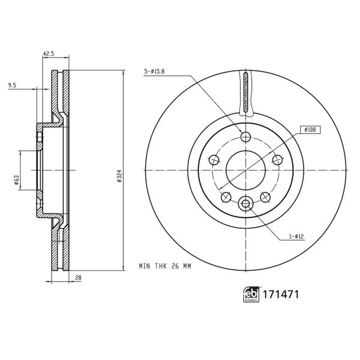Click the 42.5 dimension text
49,54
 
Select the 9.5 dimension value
12,85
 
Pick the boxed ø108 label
310,128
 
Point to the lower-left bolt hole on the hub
226,197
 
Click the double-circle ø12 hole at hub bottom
245,205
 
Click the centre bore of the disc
245,170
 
